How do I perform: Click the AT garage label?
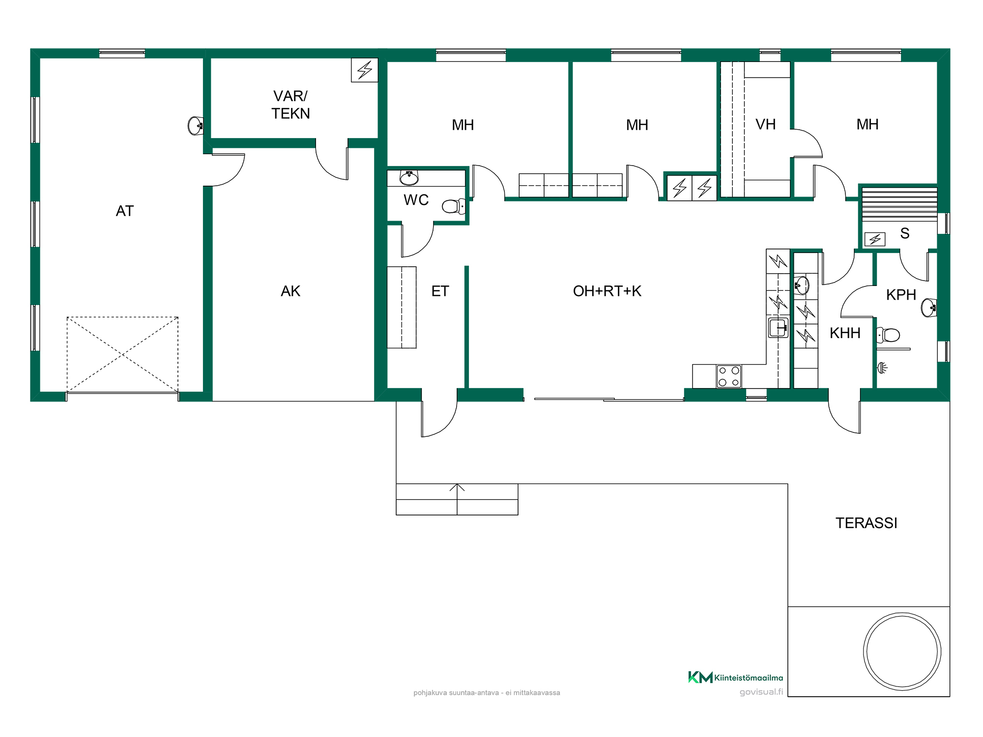[x=125, y=211]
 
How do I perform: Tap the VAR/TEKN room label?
[x=290, y=105]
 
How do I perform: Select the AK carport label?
[x=290, y=291]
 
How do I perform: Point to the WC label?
[x=416, y=200]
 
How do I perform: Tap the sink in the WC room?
[x=409, y=177]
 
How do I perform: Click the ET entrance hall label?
[x=440, y=291]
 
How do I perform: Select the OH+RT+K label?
[x=607, y=291]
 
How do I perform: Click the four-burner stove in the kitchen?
[x=729, y=376]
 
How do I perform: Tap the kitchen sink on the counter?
[x=778, y=328]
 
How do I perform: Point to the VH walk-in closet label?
[x=766, y=124]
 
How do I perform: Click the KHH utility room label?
[x=845, y=333]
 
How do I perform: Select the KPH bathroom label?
[x=901, y=295]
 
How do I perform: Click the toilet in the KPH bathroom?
[x=888, y=335]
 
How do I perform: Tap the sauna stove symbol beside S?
[x=875, y=239]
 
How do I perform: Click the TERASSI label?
[x=866, y=523]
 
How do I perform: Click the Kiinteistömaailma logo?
[x=735, y=678]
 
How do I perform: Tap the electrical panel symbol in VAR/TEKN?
[x=365, y=70]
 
